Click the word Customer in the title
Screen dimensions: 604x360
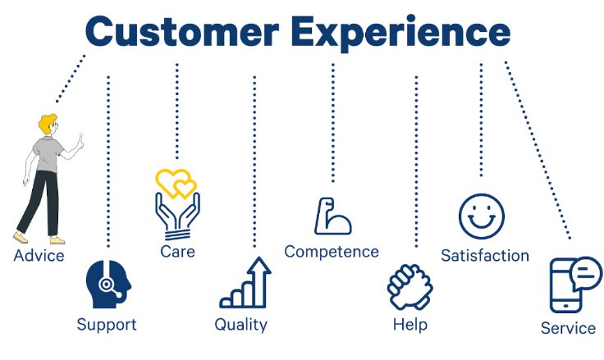pyautogui.click(x=182, y=32)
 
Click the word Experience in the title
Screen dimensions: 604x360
pyautogui.click(x=401, y=34)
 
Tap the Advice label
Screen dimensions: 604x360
pyautogui.click(x=39, y=256)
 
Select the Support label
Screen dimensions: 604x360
pyautogui.click(x=107, y=325)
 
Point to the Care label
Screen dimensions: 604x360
pyautogui.click(x=177, y=252)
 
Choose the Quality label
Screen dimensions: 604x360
pyautogui.click(x=240, y=325)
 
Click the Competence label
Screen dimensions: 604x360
pyautogui.click(x=332, y=253)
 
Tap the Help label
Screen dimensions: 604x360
pyautogui.click(x=410, y=325)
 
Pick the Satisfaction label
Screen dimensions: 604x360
pyautogui.click(x=485, y=256)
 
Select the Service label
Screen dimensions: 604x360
pyautogui.click(x=568, y=328)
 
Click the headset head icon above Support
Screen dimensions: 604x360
pyautogui.click(x=108, y=285)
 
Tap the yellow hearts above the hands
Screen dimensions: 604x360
pyautogui.click(x=176, y=183)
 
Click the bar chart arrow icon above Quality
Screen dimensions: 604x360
pyautogui.click(x=245, y=283)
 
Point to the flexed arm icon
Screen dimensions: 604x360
pyautogui.click(x=332, y=216)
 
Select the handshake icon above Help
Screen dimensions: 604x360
pyautogui.click(x=410, y=287)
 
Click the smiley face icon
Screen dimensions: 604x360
pyautogui.click(x=482, y=216)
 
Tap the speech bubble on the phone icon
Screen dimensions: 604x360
pyautogui.click(x=585, y=274)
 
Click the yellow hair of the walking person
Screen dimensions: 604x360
pyautogui.click(x=47, y=123)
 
